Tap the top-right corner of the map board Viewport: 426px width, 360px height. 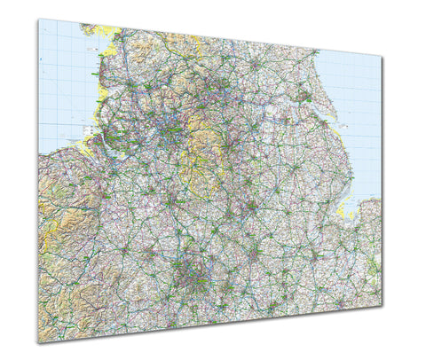(383, 58)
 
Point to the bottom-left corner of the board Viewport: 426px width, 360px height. (38, 342)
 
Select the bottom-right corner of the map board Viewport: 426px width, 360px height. (383, 304)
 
